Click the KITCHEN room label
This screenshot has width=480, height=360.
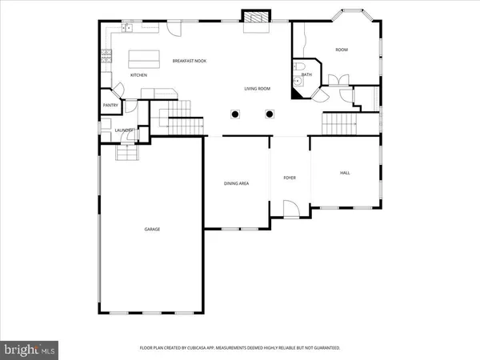click(139, 75)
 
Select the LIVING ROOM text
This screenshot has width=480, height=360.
click(256, 89)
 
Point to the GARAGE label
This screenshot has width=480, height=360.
click(152, 230)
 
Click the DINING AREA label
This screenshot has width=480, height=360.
click(236, 183)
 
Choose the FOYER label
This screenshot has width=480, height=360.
click(290, 177)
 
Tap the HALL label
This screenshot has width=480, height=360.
click(345, 173)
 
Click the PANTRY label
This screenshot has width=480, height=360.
click(110, 106)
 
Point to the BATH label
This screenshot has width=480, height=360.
click(306, 74)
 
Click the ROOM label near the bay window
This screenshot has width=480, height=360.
click(342, 50)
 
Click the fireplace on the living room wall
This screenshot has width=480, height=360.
click(256, 18)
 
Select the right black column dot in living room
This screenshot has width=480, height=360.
click(270, 114)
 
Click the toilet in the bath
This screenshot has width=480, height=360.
click(298, 80)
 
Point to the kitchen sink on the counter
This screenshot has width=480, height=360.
click(126, 29)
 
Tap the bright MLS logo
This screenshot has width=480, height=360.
click(30, 349)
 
